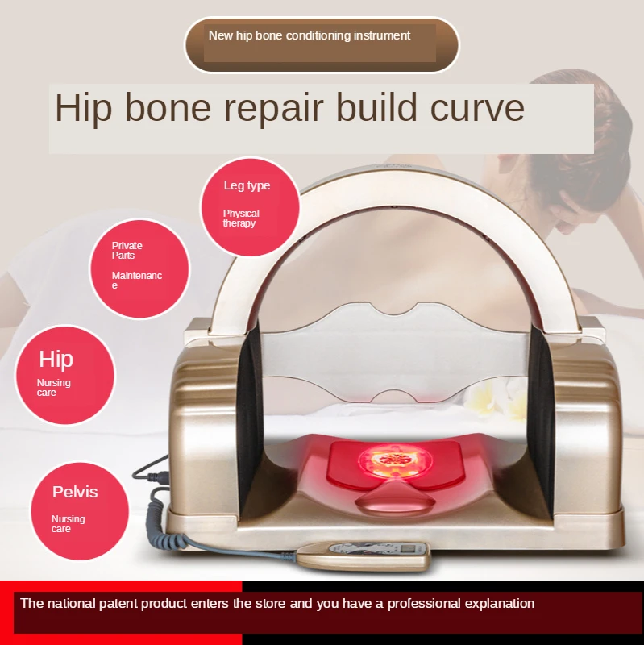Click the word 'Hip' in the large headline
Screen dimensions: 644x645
coord(84,108)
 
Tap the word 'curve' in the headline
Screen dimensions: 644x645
coord(477,108)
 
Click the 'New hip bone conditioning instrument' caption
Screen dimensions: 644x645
coord(310,35)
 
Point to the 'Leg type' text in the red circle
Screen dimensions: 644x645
coord(247,185)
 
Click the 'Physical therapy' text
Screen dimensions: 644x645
coord(241,218)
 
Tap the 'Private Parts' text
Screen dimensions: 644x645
coord(127,251)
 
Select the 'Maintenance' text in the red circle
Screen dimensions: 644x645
coord(136,280)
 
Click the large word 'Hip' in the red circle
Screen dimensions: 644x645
coord(56,359)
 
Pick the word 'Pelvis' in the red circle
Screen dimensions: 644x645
coord(75,492)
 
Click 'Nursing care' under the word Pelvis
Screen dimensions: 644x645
coord(68,523)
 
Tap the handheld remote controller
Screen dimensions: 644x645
coord(364,555)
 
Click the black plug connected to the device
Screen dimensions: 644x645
coord(158,477)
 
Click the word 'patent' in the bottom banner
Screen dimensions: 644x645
coord(118,604)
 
